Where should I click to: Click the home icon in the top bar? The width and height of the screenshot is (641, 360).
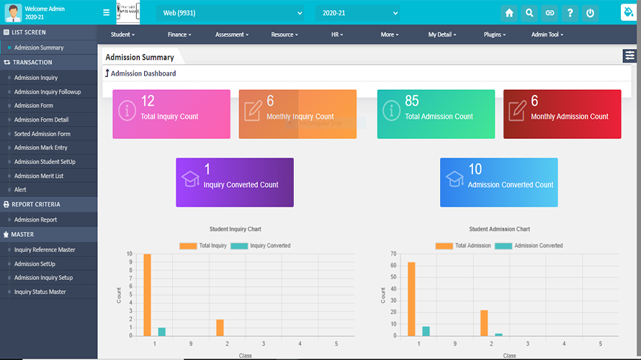[x=509, y=13]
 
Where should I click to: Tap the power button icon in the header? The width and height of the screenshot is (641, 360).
[x=590, y=13]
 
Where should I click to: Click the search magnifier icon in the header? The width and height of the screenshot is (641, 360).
[x=529, y=13]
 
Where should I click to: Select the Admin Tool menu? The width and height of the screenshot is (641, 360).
[x=547, y=35]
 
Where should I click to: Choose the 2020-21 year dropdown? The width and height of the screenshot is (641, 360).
[x=357, y=13]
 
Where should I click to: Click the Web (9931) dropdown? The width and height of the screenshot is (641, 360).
[x=230, y=13]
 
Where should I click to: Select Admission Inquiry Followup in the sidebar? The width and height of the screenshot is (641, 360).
[x=48, y=92]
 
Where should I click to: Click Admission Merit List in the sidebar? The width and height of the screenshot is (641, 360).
[x=39, y=176]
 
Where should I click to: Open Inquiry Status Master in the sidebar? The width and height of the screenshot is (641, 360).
[x=40, y=292]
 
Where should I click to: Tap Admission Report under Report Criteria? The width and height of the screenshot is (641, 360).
[x=35, y=220]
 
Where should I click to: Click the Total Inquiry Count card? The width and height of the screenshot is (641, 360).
[x=171, y=114]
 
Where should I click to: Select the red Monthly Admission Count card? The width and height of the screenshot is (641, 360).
[x=562, y=114]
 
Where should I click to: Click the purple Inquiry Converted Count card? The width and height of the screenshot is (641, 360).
[x=235, y=182]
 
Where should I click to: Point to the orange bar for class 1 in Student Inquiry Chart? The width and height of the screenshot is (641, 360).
[x=148, y=294]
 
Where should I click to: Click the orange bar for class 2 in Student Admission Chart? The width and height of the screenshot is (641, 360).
[x=484, y=323]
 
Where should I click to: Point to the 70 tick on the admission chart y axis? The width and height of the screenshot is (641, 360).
[x=394, y=254]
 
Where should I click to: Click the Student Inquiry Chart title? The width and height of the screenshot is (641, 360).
[x=235, y=229]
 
